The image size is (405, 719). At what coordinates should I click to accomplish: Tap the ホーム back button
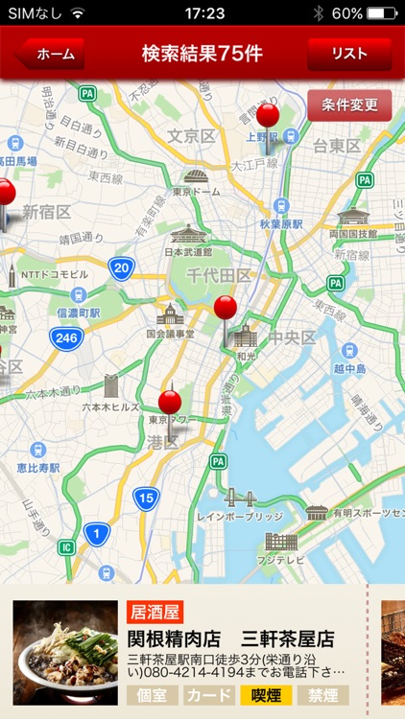[x=53, y=55]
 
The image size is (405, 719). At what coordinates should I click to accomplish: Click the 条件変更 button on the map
[x=349, y=105]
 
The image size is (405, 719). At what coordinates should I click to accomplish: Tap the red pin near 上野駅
[x=268, y=117]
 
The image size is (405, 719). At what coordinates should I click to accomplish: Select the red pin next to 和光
[x=226, y=309]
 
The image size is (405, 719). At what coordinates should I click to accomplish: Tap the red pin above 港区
[x=170, y=402]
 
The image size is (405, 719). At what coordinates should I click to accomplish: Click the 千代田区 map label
[x=218, y=275]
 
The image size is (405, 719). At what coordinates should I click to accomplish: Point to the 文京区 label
[x=191, y=136]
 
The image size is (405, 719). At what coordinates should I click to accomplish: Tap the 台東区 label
[x=336, y=146]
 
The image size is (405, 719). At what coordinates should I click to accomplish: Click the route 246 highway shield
[x=66, y=336]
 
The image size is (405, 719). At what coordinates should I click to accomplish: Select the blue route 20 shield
[x=121, y=267]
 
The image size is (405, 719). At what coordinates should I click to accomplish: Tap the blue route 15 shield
[x=145, y=498]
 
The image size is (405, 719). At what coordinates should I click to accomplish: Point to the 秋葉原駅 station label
[x=279, y=223]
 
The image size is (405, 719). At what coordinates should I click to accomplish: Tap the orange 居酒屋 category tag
[x=155, y=613]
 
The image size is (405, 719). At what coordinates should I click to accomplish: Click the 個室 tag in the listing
[x=152, y=695]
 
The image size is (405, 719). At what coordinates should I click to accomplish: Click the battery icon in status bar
[x=381, y=13]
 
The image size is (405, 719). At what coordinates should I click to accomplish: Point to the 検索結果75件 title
[x=202, y=54]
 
